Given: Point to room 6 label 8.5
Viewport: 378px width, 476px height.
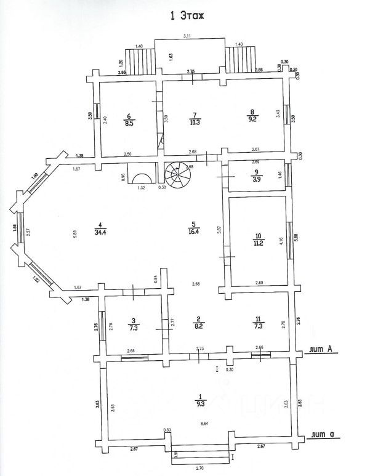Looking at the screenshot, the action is pos(129,119).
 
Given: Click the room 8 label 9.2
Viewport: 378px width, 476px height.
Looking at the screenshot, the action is pos(251,117).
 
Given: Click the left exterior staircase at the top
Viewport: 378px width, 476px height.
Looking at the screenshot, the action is pos(138,59).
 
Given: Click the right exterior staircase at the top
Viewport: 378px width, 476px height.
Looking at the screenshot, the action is pos(237,59).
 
